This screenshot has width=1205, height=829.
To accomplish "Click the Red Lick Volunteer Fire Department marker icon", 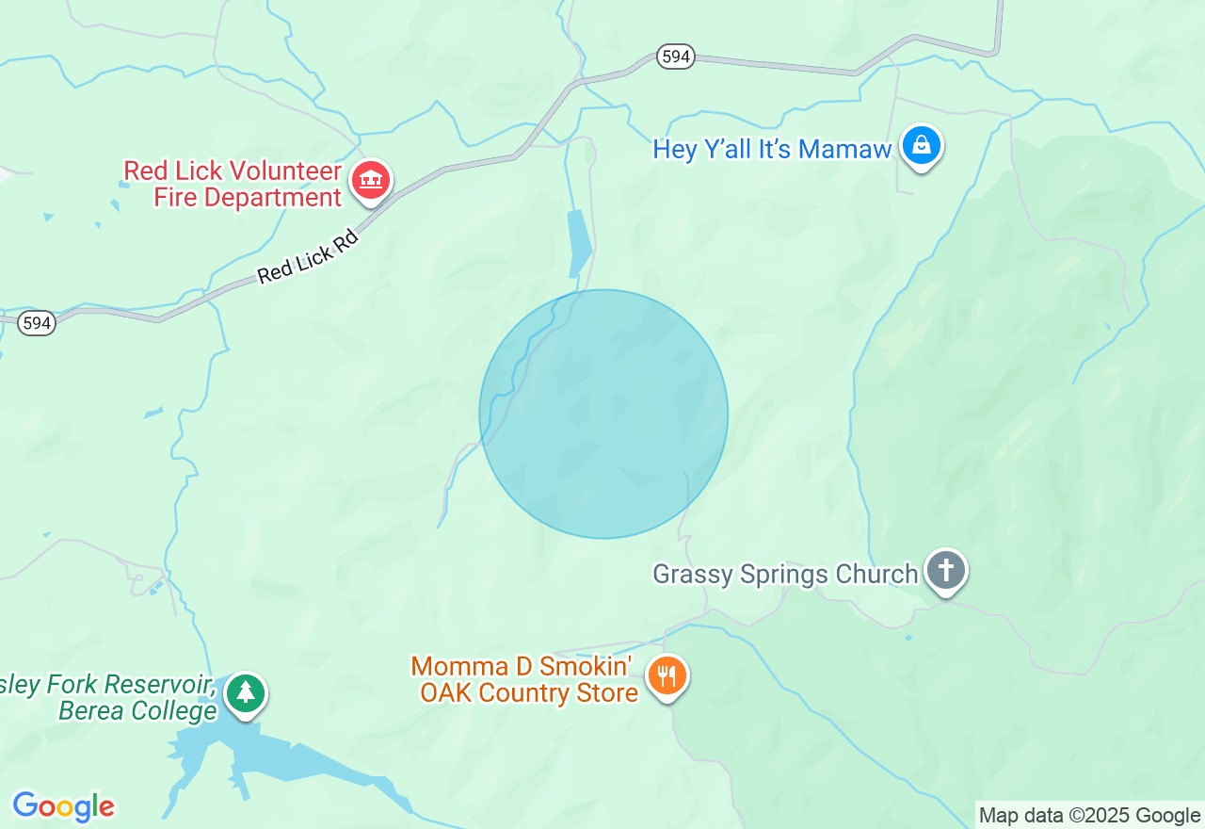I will (x=371, y=180).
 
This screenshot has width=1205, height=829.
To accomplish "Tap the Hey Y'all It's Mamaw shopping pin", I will (x=922, y=146).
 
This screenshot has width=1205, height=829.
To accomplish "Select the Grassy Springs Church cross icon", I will (x=946, y=570).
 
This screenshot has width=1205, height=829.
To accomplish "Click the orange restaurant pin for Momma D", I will (x=667, y=675).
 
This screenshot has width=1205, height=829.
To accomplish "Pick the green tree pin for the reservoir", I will (x=246, y=693).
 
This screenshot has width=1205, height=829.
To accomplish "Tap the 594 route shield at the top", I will (x=676, y=57).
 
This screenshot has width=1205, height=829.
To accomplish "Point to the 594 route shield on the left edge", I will (x=37, y=323).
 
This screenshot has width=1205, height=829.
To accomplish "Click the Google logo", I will (x=63, y=806).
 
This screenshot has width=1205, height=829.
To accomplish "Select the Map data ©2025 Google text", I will (x=1089, y=816).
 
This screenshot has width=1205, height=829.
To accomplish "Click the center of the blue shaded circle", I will (x=603, y=414).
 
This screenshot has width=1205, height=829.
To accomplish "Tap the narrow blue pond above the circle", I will (x=579, y=243).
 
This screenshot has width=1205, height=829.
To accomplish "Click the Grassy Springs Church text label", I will (x=785, y=574).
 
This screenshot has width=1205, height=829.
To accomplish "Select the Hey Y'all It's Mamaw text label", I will (x=772, y=149).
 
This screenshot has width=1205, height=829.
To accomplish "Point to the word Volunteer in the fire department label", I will (x=286, y=171).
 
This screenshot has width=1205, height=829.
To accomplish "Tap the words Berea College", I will (x=137, y=710).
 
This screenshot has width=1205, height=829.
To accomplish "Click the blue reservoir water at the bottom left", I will (x=282, y=761).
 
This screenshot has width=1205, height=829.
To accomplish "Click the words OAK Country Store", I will (x=528, y=692).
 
